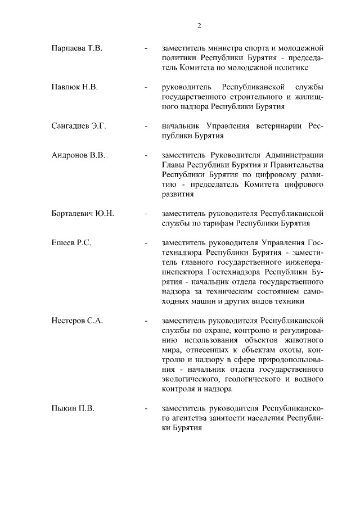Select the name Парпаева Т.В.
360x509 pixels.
76,49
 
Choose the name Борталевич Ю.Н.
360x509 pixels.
83,214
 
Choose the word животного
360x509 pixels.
300,340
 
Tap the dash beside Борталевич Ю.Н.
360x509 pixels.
147,214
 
